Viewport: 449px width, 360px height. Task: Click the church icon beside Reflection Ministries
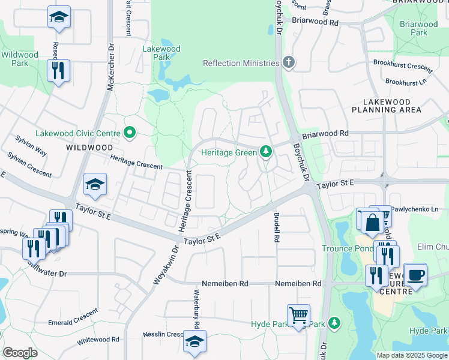[288, 63]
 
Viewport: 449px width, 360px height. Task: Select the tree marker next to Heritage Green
[265, 152]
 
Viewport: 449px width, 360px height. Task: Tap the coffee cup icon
[415, 274]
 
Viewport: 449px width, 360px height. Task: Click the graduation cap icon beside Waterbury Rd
[194, 341]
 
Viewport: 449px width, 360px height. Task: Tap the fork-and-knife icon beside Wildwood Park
[59, 70]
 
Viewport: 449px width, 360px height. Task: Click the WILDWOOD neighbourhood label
[89, 147]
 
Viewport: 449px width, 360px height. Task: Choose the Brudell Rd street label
[276, 228]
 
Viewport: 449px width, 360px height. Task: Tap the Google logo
[20, 352]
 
